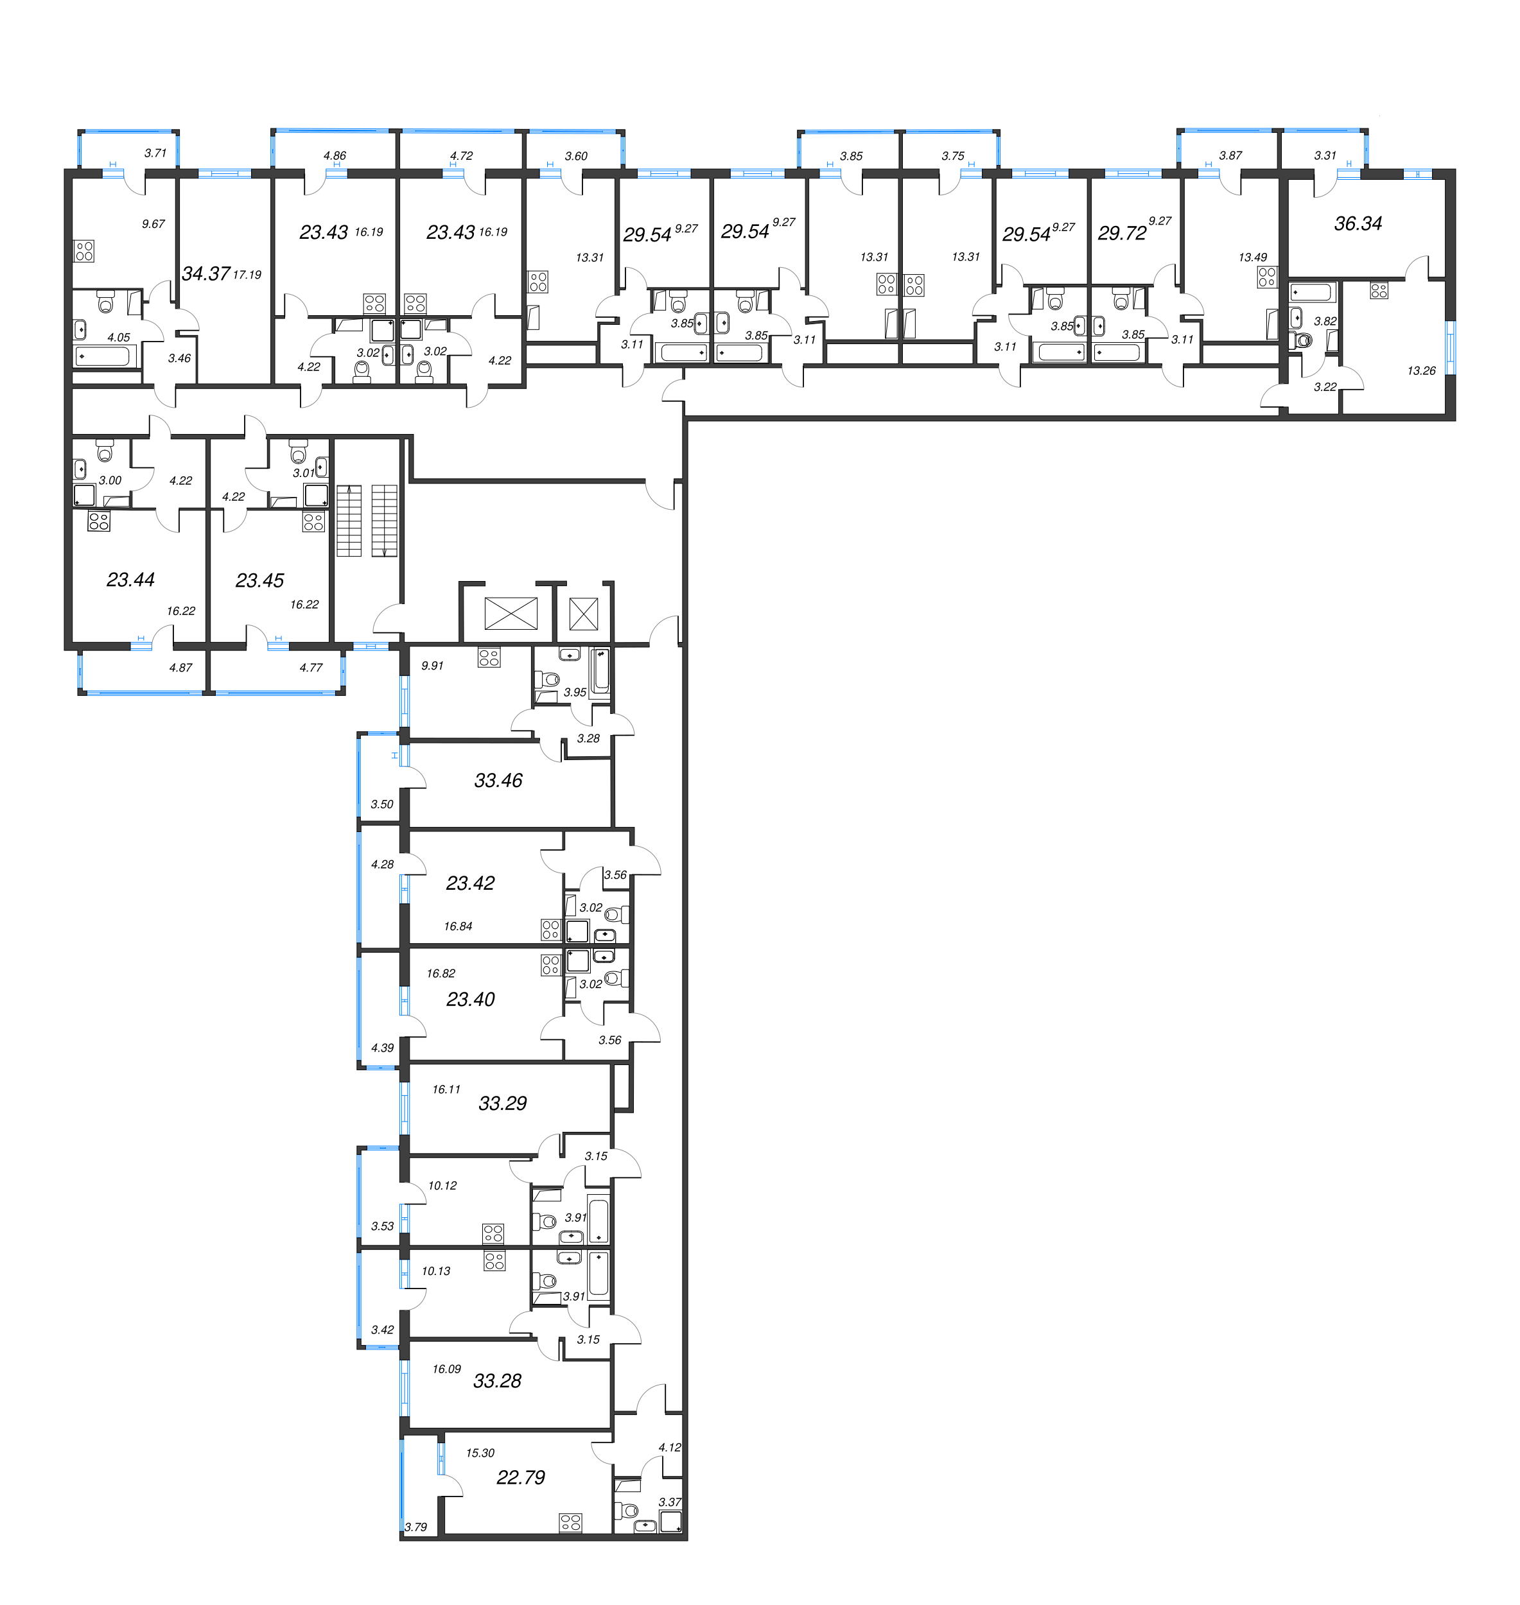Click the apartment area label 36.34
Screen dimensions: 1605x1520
(1358, 223)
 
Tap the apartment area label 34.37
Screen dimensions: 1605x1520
(205, 274)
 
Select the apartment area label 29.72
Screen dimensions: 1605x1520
(1122, 233)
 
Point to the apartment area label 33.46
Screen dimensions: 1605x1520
(498, 780)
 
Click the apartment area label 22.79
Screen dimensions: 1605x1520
(520, 1477)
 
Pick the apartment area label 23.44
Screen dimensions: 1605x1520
(130, 579)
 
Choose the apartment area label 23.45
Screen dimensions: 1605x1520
(259, 580)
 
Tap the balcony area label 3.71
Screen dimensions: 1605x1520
(155, 152)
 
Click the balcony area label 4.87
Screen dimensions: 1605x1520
(180, 668)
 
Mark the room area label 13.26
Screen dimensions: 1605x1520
(1421, 371)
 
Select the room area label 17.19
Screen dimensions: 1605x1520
(247, 275)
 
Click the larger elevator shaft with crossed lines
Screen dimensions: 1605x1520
(511, 613)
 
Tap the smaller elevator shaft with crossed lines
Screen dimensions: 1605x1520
(583, 613)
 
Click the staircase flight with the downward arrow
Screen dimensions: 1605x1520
(384, 520)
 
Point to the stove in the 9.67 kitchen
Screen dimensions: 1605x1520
(84, 251)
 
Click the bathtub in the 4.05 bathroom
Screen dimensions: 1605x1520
(104, 356)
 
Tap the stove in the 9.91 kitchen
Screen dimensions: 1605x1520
(489, 657)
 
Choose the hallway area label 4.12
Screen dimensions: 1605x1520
(669, 1447)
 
